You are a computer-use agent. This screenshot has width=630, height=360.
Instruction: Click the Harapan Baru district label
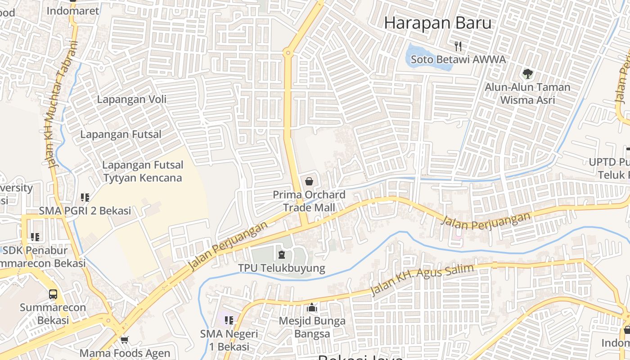tap(437, 22)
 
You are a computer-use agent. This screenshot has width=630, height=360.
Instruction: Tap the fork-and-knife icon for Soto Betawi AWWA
tap(458, 46)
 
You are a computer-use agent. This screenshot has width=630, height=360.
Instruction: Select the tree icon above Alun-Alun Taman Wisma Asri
tap(527, 73)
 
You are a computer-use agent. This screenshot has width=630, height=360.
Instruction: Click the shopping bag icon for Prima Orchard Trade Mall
tap(309, 182)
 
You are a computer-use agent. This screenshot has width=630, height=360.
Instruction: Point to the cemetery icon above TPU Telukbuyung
tap(282, 255)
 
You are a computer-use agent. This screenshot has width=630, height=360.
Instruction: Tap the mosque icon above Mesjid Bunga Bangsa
tap(312, 308)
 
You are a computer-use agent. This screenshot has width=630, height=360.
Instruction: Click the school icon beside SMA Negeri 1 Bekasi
tap(229, 320)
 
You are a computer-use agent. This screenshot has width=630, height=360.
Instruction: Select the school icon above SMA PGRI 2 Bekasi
tap(85, 197)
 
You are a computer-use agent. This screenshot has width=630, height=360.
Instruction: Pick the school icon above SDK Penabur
tap(35, 237)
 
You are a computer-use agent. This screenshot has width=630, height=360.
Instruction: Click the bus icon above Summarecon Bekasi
tap(53, 294)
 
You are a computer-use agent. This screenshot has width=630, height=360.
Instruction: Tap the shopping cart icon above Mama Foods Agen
tap(124, 340)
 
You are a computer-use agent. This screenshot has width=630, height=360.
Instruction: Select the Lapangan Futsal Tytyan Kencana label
tap(143, 171)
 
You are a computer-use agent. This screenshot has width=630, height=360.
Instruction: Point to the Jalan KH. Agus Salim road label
tap(422, 280)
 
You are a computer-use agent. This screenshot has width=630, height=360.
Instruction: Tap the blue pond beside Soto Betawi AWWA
tap(427, 58)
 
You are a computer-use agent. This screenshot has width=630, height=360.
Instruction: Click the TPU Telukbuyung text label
tap(281, 268)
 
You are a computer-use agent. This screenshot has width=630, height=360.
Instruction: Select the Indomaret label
tap(72, 11)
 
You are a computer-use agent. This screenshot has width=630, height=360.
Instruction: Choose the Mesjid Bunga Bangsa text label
tap(312, 327)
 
